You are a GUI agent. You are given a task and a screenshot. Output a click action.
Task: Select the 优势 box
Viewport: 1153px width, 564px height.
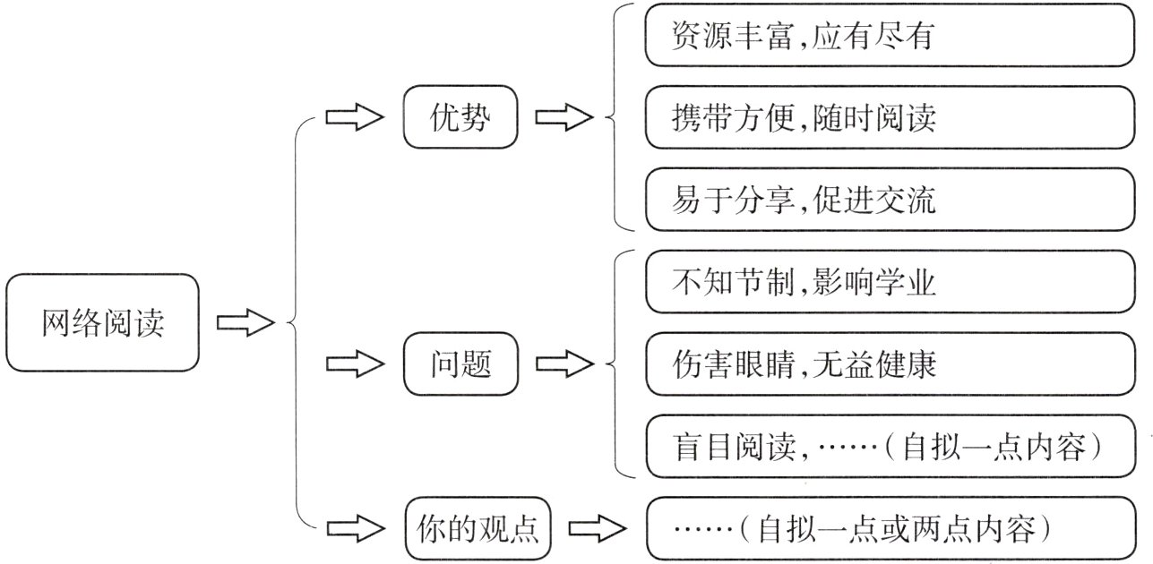[460, 117]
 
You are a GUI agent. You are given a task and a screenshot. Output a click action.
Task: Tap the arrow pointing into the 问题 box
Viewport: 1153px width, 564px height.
[353, 364]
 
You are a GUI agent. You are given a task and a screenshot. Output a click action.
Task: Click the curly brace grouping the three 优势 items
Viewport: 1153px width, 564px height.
[614, 117]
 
